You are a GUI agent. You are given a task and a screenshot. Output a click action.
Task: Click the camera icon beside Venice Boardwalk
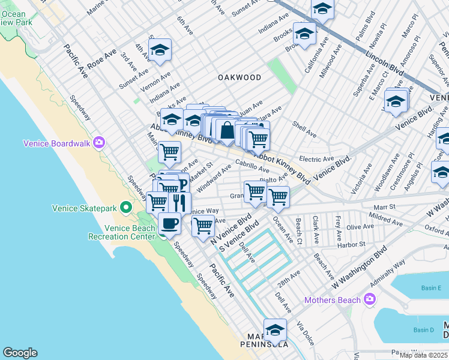tap(98, 143)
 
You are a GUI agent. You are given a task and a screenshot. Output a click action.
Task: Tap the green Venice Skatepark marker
tap(125, 208)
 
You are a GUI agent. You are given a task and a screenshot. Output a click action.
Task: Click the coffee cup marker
tap(169, 224)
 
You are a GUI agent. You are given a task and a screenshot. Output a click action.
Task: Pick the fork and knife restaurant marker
tap(179, 203)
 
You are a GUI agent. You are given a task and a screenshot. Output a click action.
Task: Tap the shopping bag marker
tap(227, 130)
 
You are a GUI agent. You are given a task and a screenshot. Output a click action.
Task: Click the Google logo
tap(20, 353)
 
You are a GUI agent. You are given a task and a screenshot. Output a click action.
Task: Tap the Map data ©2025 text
tap(423, 355)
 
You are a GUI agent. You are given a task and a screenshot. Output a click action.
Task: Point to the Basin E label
tap(431, 288)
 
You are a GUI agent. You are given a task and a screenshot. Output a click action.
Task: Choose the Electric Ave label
tap(316, 159)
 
